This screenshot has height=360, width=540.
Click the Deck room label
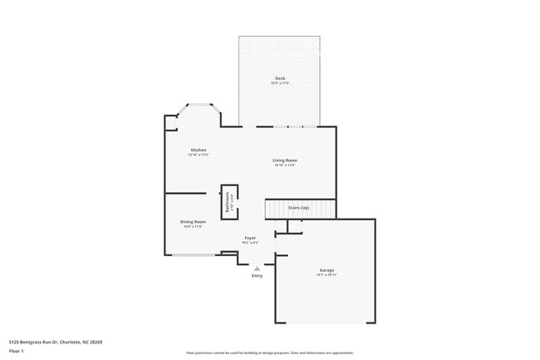pyautogui.click(x=280, y=78)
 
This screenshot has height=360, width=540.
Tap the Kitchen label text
pyautogui.click(x=198, y=150)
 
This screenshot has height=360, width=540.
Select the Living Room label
pyautogui.click(x=285, y=160)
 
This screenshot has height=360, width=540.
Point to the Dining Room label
pyautogui.click(x=193, y=221)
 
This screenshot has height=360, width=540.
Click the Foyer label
pyautogui.click(x=250, y=238)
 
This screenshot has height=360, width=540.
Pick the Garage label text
pyautogui.click(x=326, y=270)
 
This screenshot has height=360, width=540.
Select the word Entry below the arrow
pyautogui.click(x=258, y=276)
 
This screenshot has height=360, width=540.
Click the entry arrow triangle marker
pyautogui.click(x=258, y=269)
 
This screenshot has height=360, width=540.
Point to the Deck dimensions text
pyautogui.click(x=280, y=83)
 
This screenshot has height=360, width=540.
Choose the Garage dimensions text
pyautogui.click(x=326, y=275)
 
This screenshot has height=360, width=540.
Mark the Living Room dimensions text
pyautogui.click(x=285, y=165)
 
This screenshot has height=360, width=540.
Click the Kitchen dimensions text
pyautogui.click(x=198, y=155)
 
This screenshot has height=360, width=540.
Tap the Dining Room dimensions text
pyautogui.click(x=193, y=226)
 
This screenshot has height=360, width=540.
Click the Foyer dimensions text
pyautogui.click(x=250, y=243)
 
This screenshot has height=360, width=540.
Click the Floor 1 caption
pyautogui.click(x=17, y=351)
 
